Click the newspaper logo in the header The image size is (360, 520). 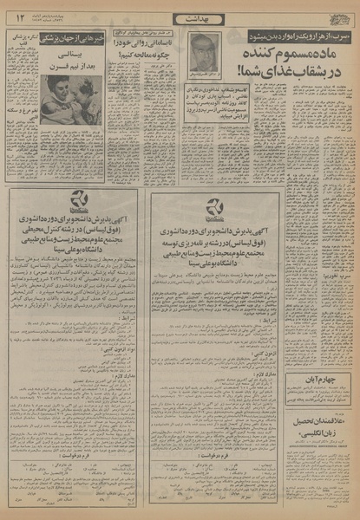[x=337, y=16]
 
